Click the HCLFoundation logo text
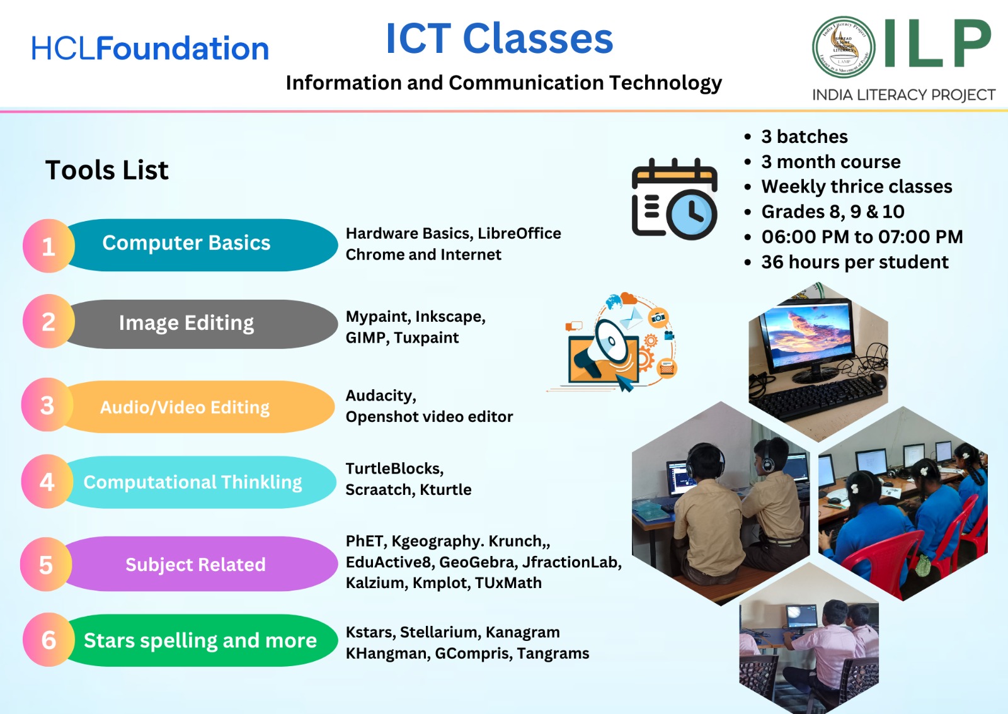[150, 48]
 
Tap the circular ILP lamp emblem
[844, 47]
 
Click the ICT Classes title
[500, 38]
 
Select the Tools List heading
[107, 170]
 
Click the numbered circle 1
[49, 246]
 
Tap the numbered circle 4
[47, 482]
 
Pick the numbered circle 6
[49, 639]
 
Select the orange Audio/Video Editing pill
[198, 407]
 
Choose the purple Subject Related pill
[200, 564]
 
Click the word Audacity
[381, 395]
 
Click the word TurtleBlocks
[394, 468]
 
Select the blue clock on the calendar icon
[692, 215]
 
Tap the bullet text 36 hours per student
[854, 262]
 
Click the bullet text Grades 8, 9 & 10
[832, 212]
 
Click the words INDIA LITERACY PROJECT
[903, 95]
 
